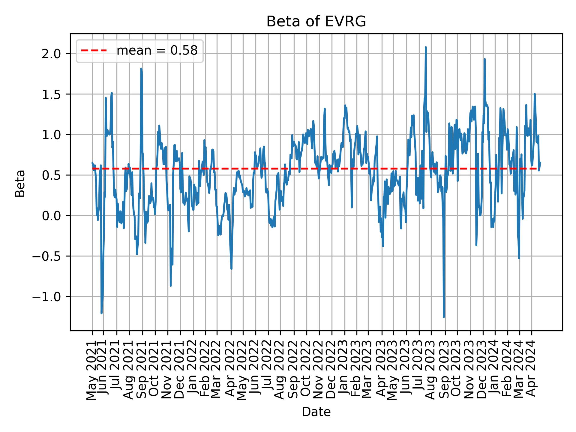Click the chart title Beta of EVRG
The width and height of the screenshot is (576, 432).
[316, 22]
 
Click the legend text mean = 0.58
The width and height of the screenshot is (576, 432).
[157, 51]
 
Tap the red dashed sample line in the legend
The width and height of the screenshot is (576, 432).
[94, 51]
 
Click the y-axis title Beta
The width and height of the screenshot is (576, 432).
[20, 183]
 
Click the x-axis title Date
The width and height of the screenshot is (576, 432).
[316, 412]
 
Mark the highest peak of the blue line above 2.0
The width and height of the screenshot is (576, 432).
[425, 47]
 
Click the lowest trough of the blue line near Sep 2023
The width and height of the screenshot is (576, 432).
[444, 316]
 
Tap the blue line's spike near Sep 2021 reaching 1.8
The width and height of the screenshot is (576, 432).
[141, 69]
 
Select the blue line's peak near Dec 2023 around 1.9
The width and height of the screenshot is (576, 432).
[484, 59]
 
